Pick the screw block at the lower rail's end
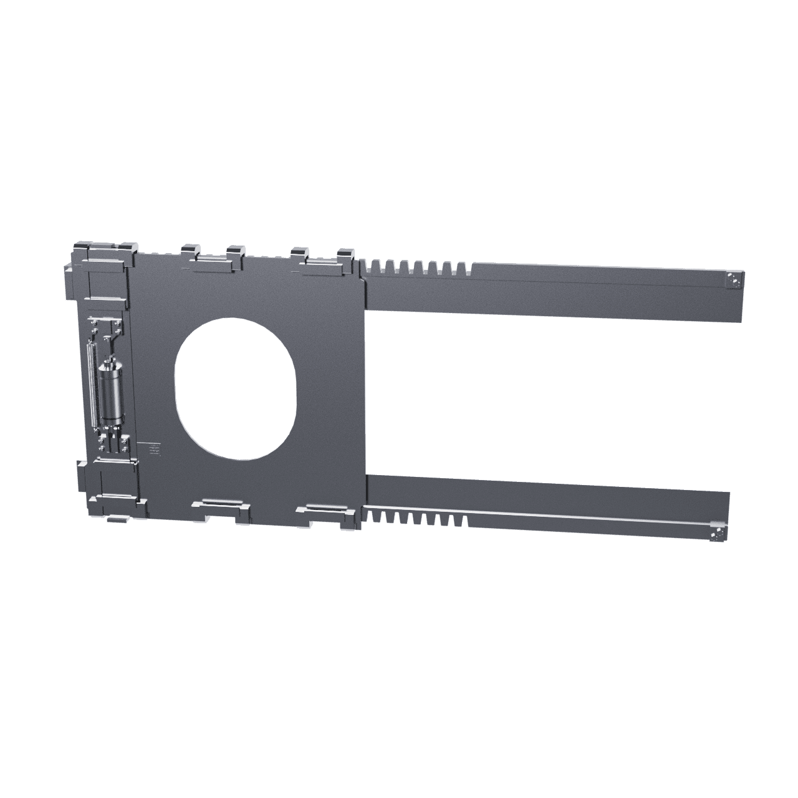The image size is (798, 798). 718,533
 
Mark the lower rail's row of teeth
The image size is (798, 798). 415,517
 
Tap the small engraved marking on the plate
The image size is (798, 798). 153,447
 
